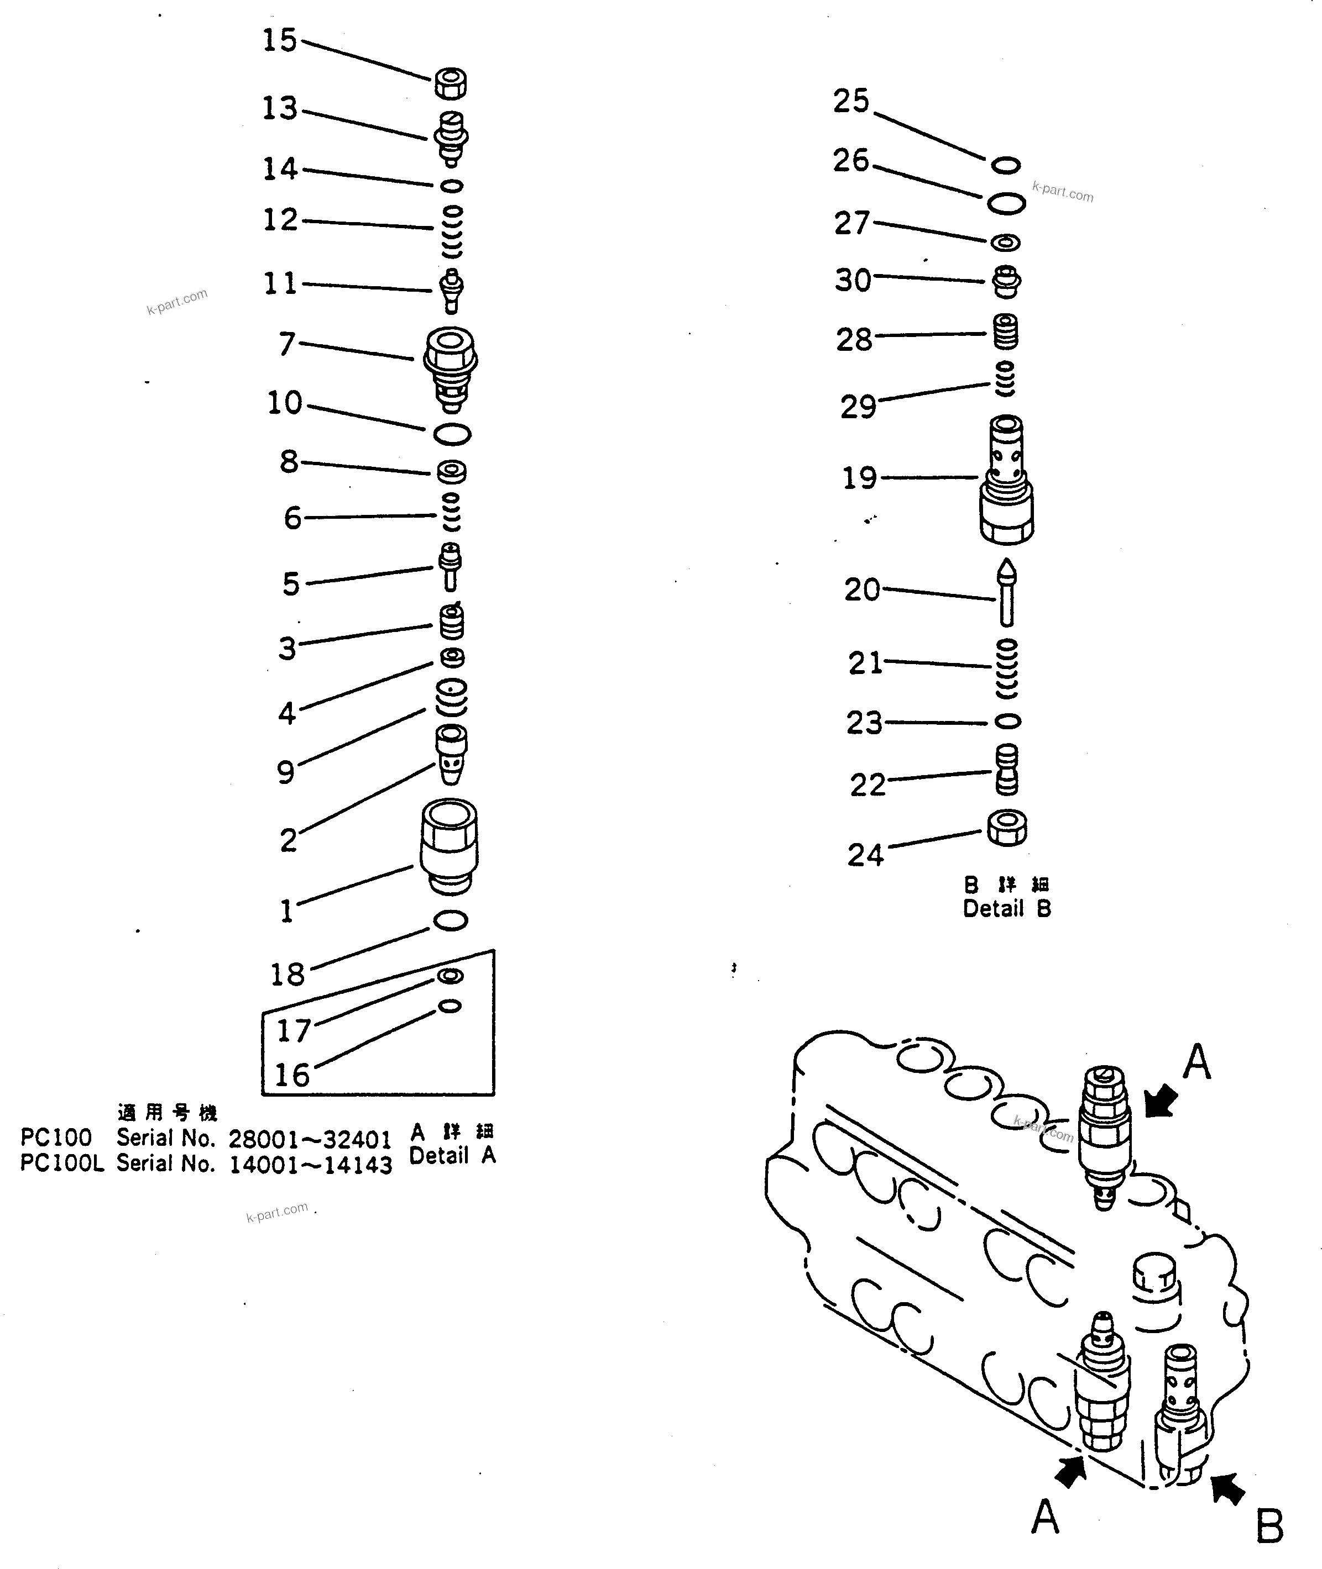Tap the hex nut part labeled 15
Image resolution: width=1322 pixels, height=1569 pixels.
[451, 82]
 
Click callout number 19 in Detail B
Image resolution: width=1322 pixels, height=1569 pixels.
[859, 478]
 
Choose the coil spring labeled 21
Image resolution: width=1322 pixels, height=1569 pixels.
[1006, 667]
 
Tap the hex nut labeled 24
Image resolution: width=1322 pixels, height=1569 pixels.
[1006, 828]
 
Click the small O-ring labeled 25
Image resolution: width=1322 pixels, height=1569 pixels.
[1006, 165]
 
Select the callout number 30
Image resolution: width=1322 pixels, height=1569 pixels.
[853, 280]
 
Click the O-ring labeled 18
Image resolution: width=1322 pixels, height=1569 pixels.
[451, 920]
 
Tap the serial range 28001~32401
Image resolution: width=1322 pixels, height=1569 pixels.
[310, 1139]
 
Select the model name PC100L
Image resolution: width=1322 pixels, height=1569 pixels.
[61, 1164]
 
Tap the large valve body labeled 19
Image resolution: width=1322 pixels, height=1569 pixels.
[1006, 480]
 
